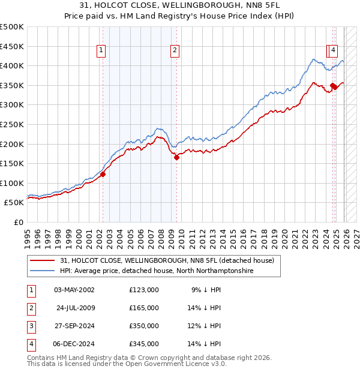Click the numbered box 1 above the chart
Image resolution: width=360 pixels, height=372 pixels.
point(101,51)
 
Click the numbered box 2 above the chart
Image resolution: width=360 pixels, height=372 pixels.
point(175,51)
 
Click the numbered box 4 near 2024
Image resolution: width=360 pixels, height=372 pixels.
point(334,51)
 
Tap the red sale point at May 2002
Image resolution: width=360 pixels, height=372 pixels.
point(103,174)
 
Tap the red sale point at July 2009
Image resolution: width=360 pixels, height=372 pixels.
point(176,157)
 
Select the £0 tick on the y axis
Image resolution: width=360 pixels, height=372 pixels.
point(19,222)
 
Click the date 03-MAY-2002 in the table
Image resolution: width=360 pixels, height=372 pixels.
point(74,290)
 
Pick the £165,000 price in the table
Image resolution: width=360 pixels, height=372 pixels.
point(144,308)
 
